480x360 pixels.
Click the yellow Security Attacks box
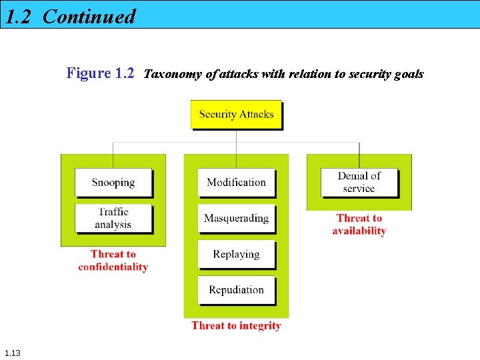point(236,114)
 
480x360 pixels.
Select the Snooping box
point(113,182)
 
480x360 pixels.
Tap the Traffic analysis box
point(113,218)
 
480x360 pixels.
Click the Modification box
point(236,182)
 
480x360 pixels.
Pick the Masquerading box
point(236,218)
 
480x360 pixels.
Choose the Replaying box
point(236,254)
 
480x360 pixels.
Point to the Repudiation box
point(236,290)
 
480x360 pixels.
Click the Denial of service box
point(359,182)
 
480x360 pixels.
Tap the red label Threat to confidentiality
point(113,260)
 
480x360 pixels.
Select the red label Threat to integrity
point(236,325)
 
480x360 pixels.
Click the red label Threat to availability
point(359,224)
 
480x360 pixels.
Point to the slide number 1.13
point(12,353)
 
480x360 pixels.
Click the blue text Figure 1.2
point(100,73)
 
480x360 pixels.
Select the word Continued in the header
point(89,16)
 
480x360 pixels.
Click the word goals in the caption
point(408,74)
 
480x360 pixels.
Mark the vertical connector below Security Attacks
point(236,141)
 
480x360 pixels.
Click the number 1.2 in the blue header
point(19,16)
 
